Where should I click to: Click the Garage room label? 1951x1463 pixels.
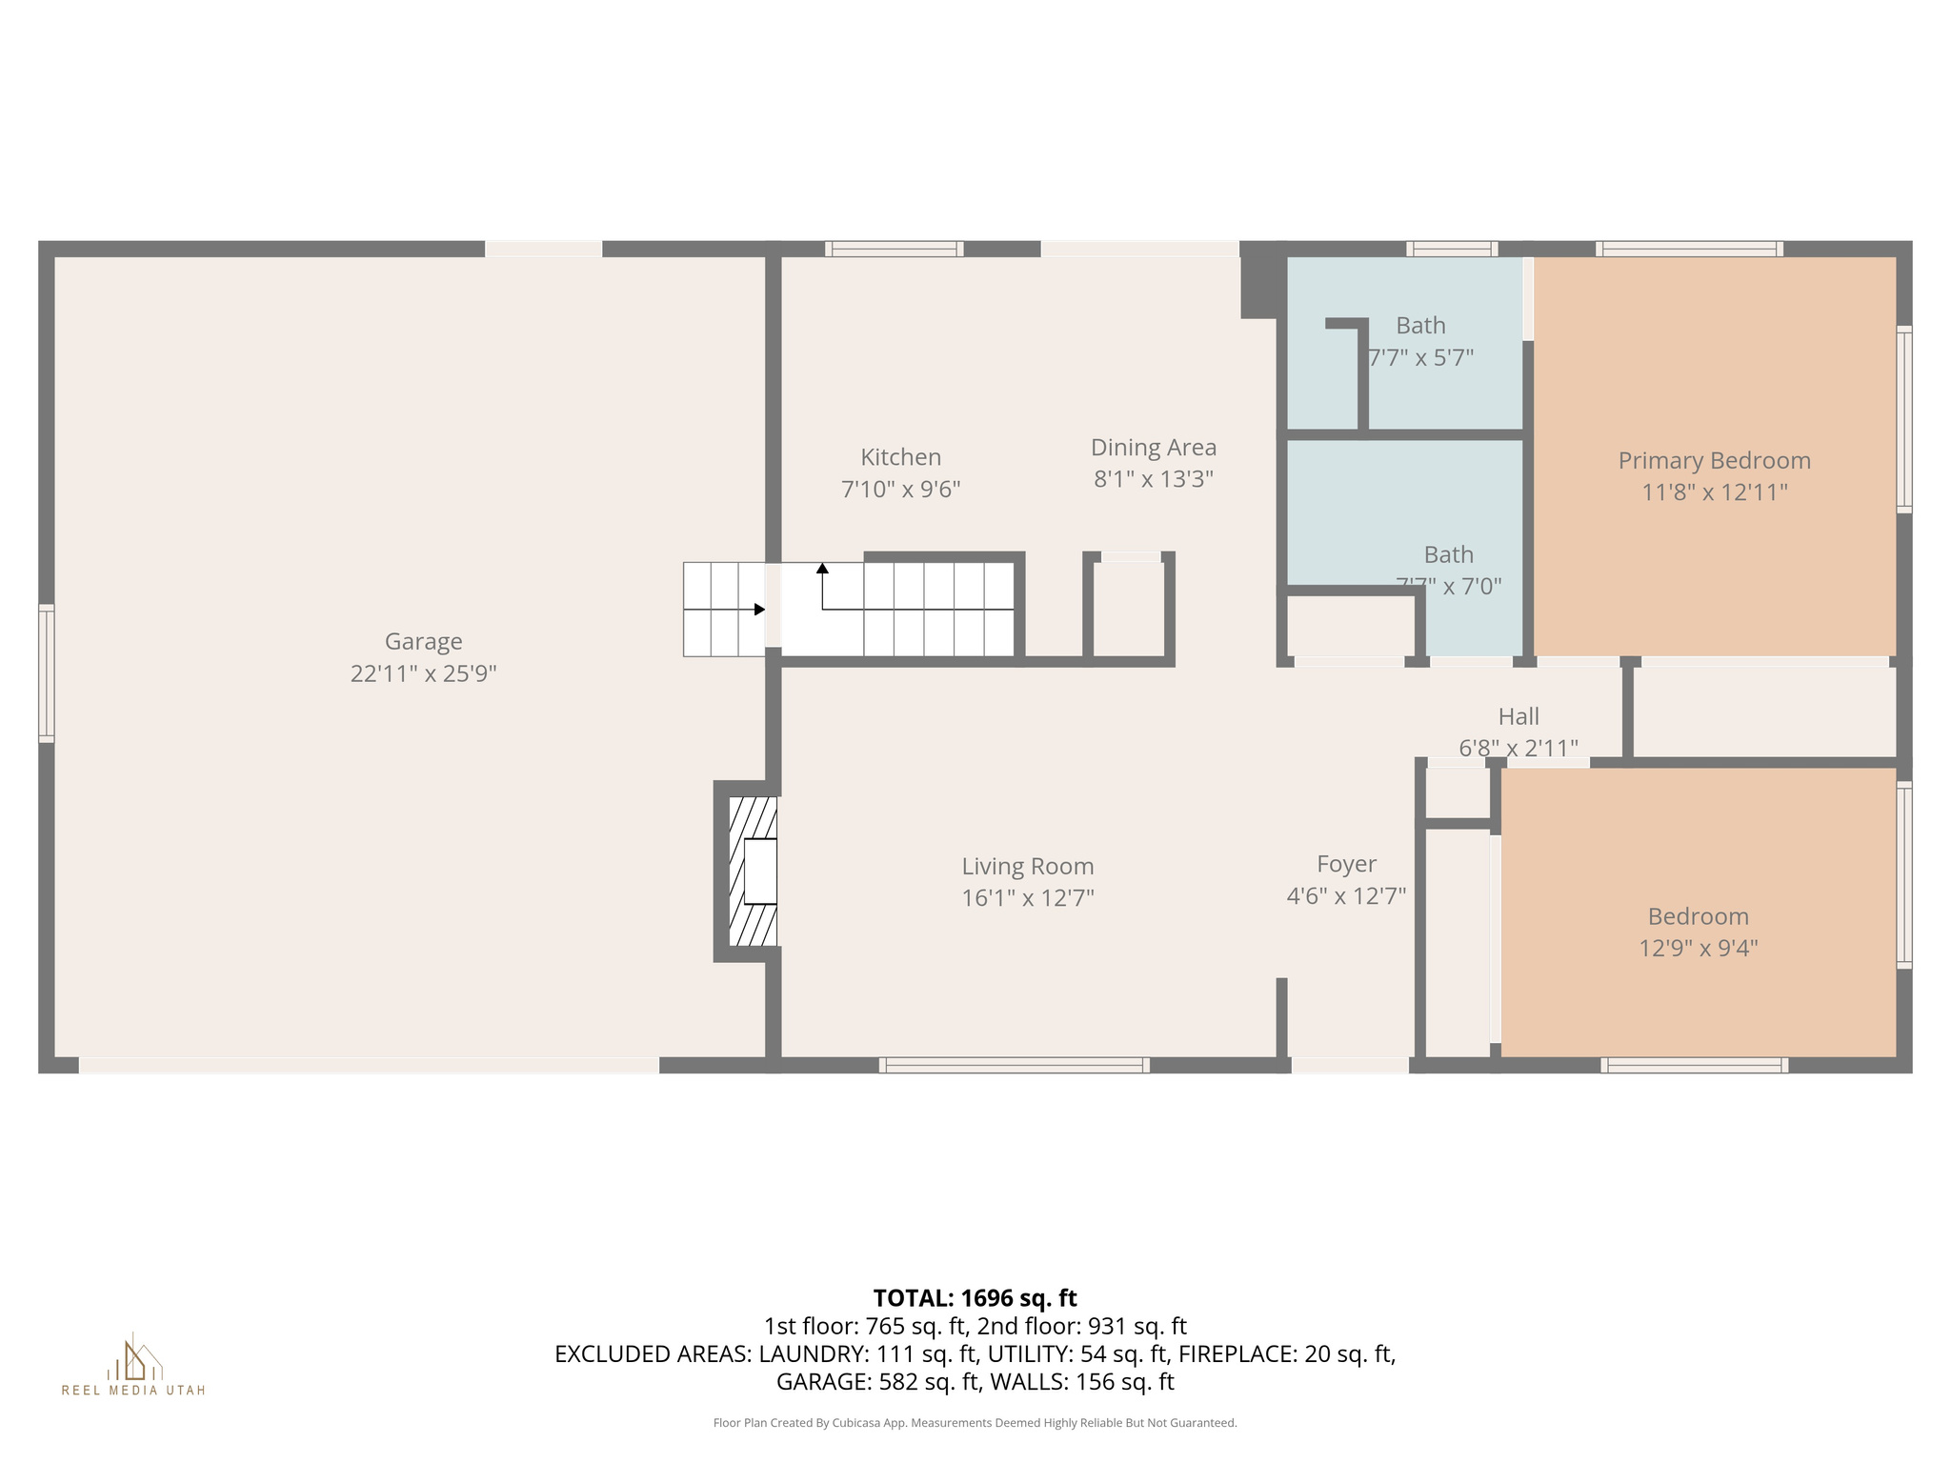[x=423, y=641]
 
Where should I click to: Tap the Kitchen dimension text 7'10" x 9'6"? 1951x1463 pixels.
[x=900, y=490]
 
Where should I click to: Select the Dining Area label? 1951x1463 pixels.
[x=1153, y=447]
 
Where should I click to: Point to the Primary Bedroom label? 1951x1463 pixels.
[x=1714, y=461]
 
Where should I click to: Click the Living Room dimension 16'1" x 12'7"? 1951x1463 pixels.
[x=1027, y=898]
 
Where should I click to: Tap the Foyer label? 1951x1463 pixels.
[x=1346, y=864]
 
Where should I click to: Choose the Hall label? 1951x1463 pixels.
[x=1518, y=716]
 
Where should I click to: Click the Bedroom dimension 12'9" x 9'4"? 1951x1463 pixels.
[x=1698, y=949]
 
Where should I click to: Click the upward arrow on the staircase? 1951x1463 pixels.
[x=822, y=569]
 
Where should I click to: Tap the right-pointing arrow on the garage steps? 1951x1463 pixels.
[x=759, y=610]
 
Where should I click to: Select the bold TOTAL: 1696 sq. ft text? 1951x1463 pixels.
[x=975, y=1298]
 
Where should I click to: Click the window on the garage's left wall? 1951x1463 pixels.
[x=46, y=672]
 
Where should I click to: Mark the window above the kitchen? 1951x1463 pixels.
[x=894, y=250]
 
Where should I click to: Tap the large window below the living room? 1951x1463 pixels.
[x=1014, y=1065]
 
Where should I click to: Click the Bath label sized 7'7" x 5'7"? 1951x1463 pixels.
[x=1420, y=326]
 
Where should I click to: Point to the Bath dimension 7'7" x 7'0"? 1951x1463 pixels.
[x=1449, y=587]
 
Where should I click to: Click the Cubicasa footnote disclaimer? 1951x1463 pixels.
[x=975, y=1423]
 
